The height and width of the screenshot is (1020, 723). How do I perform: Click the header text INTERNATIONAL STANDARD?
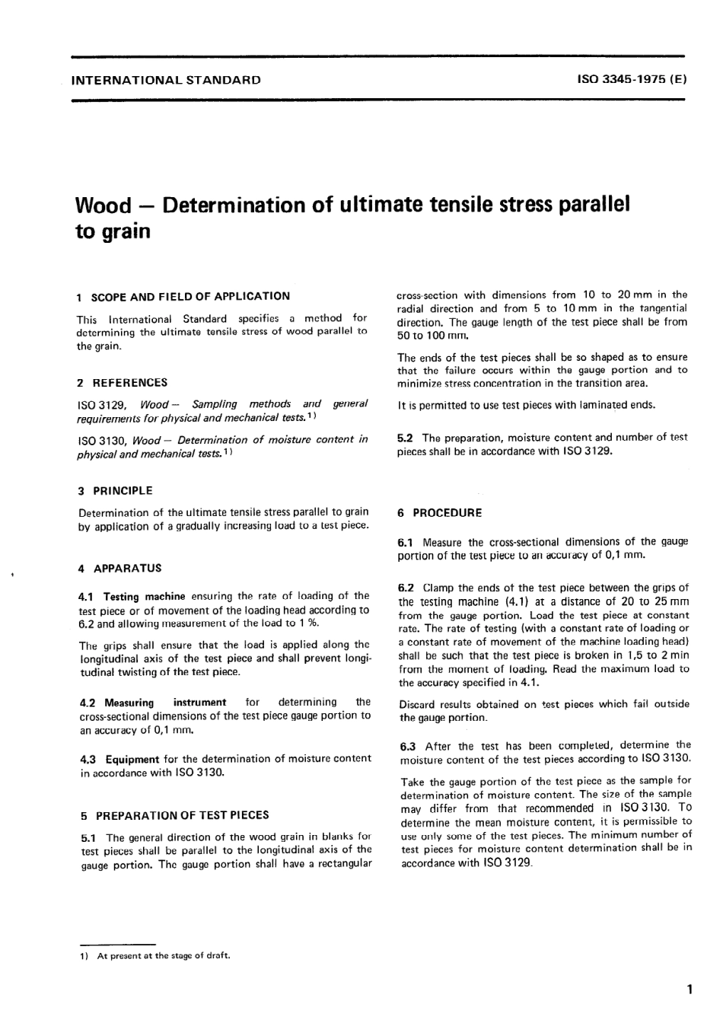(x=165, y=80)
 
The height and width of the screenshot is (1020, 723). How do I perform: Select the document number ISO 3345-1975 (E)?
(x=632, y=80)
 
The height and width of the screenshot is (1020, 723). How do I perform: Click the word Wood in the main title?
(x=104, y=206)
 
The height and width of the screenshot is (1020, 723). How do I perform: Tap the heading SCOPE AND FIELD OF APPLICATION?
(x=190, y=296)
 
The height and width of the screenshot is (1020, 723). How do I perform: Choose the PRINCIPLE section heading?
(x=123, y=491)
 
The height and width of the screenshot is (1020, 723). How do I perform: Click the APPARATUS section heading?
(x=127, y=569)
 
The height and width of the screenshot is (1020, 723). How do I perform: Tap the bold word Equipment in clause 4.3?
(x=132, y=759)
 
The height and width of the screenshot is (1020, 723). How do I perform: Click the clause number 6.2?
(x=406, y=588)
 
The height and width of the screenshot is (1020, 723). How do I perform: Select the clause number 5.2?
(x=406, y=438)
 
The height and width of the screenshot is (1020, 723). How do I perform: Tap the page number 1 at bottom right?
(x=688, y=990)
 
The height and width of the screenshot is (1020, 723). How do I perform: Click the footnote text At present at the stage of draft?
(x=163, y=956)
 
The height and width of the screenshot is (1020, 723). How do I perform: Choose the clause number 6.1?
(x=406, y=542)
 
